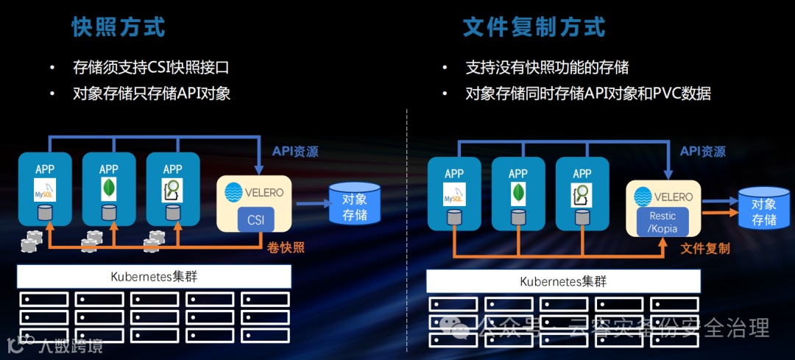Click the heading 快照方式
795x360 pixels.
click(x=119, y=27)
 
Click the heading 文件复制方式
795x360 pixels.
click(x=534, y=27)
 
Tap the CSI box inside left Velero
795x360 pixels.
click(x=255, y=219)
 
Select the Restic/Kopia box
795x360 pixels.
click(x=662, y=222)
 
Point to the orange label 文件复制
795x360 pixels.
click(x=705, y=249)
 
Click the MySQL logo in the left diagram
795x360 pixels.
click(x=45, y=191)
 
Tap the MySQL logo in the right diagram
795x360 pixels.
click(x=454, y=195)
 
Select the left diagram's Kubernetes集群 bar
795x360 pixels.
click(x=154, y=277)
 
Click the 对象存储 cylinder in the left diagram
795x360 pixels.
click(x=355, y=203)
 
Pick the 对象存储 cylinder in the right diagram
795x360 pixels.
click(x=764, y=208)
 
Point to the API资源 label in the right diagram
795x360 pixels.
click(x=703, y=152)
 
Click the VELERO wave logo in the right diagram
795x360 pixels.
click(x=643, y=197)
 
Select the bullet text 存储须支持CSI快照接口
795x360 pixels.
click(x=152, y=68)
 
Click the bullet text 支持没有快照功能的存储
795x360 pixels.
click(x=548, y=68)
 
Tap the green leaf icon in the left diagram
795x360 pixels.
click(x=109, y=191)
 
